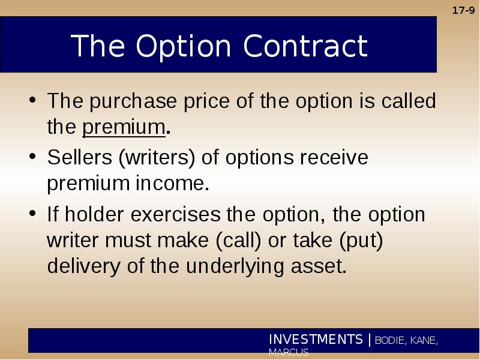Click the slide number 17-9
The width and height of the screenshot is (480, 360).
pos(463,10)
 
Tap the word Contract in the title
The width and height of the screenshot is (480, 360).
pos(305,46)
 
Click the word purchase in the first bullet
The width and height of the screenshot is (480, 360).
pos(133,101)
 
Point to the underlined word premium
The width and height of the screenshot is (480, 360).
pos(124,127)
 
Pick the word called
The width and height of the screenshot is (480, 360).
pos(409,100)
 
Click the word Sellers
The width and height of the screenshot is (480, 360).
pos(80,157)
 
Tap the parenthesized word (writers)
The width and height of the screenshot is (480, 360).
pos(157,158)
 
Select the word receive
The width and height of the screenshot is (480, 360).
pos(334,157)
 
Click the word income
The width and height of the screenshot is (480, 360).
pos(172,183)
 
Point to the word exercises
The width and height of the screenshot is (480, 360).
pos(175,214)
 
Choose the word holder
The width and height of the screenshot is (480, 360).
pos(94,214)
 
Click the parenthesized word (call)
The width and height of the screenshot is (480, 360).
pos(238,241)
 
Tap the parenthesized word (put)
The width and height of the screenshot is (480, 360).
pos(361,241)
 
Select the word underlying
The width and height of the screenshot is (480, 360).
pos(235,266)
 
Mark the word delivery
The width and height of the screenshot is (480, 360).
pos(83,266)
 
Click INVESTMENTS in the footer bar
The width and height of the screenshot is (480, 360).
pos(316,339)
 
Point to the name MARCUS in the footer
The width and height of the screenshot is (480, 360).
pos(289,352)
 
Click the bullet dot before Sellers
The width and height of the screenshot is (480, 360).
pos(32,156)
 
